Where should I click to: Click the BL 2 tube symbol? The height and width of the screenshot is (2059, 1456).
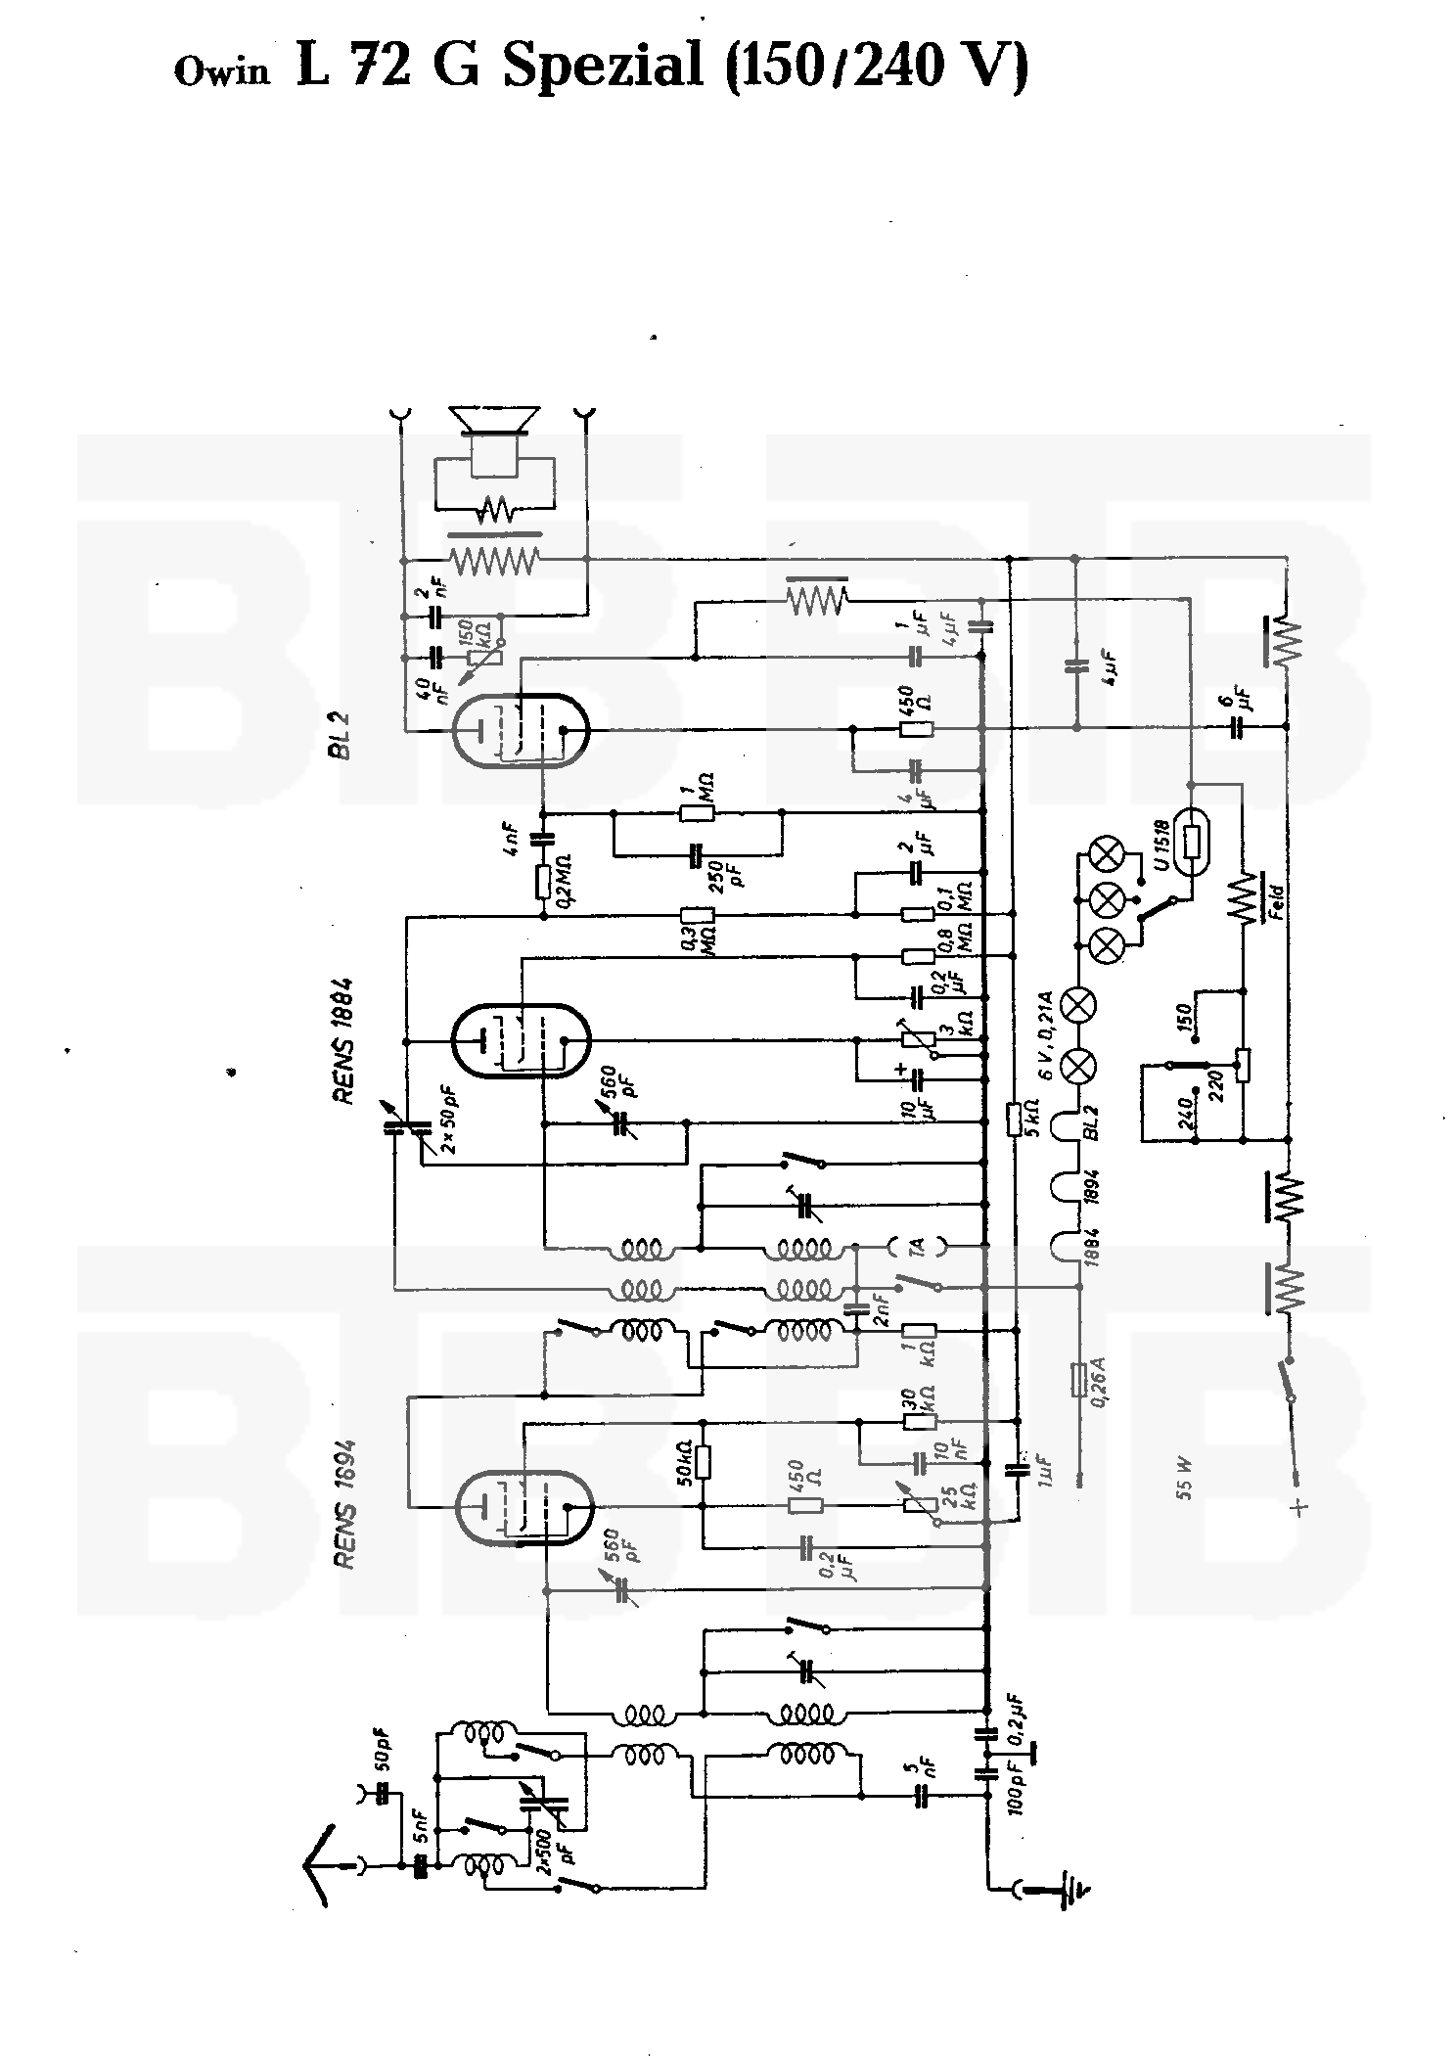pyautogui.click(x=522, y=729)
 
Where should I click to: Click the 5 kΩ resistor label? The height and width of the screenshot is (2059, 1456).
pyautogui.click(x=1034, y=1117)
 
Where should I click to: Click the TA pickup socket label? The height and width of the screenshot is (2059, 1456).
pyautogui.click(x=916, y=1247)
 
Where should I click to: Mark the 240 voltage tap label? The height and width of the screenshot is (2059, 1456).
pyautogui.click(x=1187, y=1110)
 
